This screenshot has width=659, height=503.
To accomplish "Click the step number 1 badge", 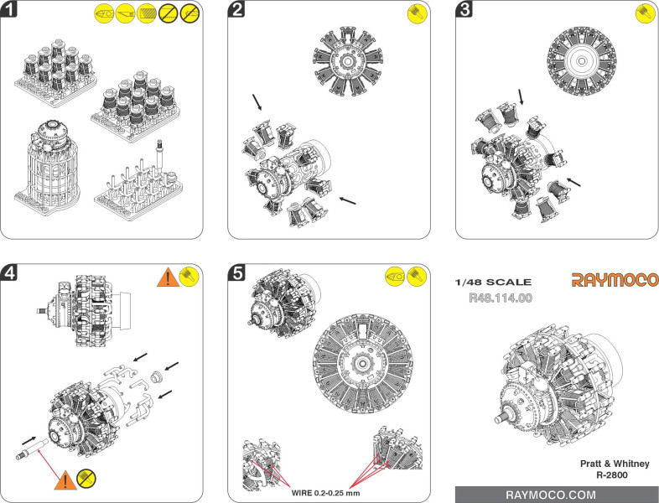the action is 9,9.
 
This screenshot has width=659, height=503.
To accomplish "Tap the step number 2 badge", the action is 236,9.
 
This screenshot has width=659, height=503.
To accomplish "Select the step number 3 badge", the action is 464,9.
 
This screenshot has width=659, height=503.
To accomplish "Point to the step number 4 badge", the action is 9,272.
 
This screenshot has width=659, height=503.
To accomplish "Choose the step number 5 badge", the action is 236,272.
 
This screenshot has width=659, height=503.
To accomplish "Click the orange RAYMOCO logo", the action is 615,280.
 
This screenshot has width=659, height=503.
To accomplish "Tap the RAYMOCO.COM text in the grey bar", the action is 551,495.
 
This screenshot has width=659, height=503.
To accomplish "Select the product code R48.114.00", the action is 501,298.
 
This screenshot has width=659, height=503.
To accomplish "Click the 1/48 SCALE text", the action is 493,282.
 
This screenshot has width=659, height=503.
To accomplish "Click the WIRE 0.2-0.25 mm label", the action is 325,493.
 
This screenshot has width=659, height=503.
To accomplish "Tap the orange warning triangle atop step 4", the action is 168,277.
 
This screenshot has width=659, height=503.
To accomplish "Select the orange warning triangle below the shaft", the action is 65,480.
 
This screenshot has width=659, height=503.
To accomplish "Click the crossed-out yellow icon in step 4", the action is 86,479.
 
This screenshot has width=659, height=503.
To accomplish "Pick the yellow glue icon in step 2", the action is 418,14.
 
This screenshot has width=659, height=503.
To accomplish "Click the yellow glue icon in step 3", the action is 645,13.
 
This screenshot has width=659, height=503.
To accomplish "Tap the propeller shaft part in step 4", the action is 33,449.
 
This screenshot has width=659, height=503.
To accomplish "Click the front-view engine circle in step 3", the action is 581,61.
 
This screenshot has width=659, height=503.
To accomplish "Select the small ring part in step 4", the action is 157,377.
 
